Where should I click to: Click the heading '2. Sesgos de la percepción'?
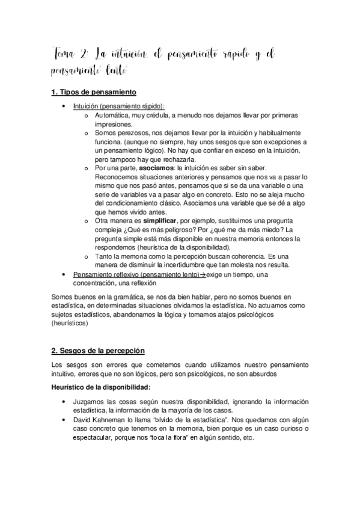click(x=98, y=350)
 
